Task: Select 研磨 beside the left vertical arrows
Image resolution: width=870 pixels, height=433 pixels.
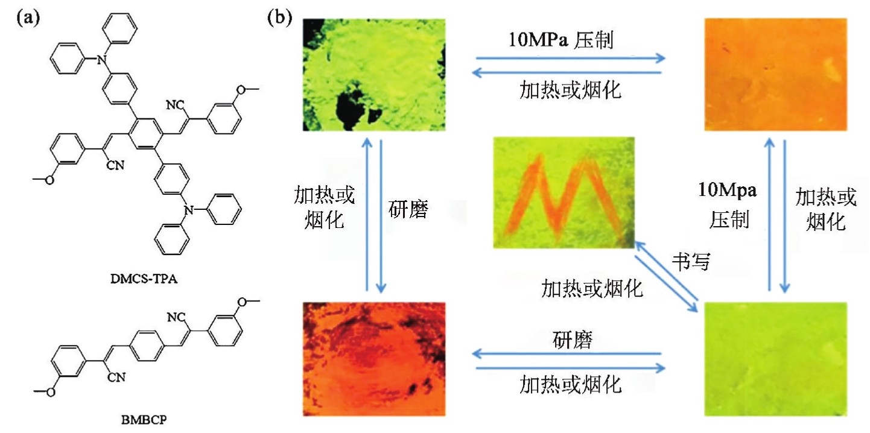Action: coord(408,212)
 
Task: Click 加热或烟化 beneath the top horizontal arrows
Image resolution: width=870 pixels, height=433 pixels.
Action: coord(570,90)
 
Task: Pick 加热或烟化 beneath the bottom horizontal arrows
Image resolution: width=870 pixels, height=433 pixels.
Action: coord(570,384)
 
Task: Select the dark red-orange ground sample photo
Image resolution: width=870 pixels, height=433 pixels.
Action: coord(373,359)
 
